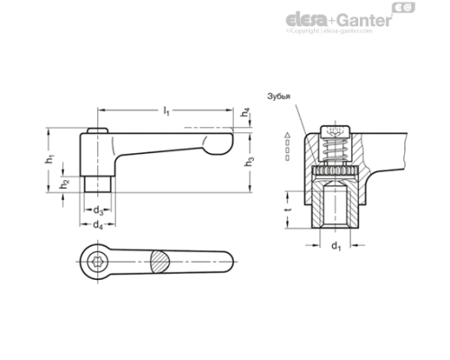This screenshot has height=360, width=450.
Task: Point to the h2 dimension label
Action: coord(63,184)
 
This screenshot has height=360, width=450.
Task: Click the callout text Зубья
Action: coord(279,96)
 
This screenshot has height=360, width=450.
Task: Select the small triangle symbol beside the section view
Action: coord(286,134)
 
